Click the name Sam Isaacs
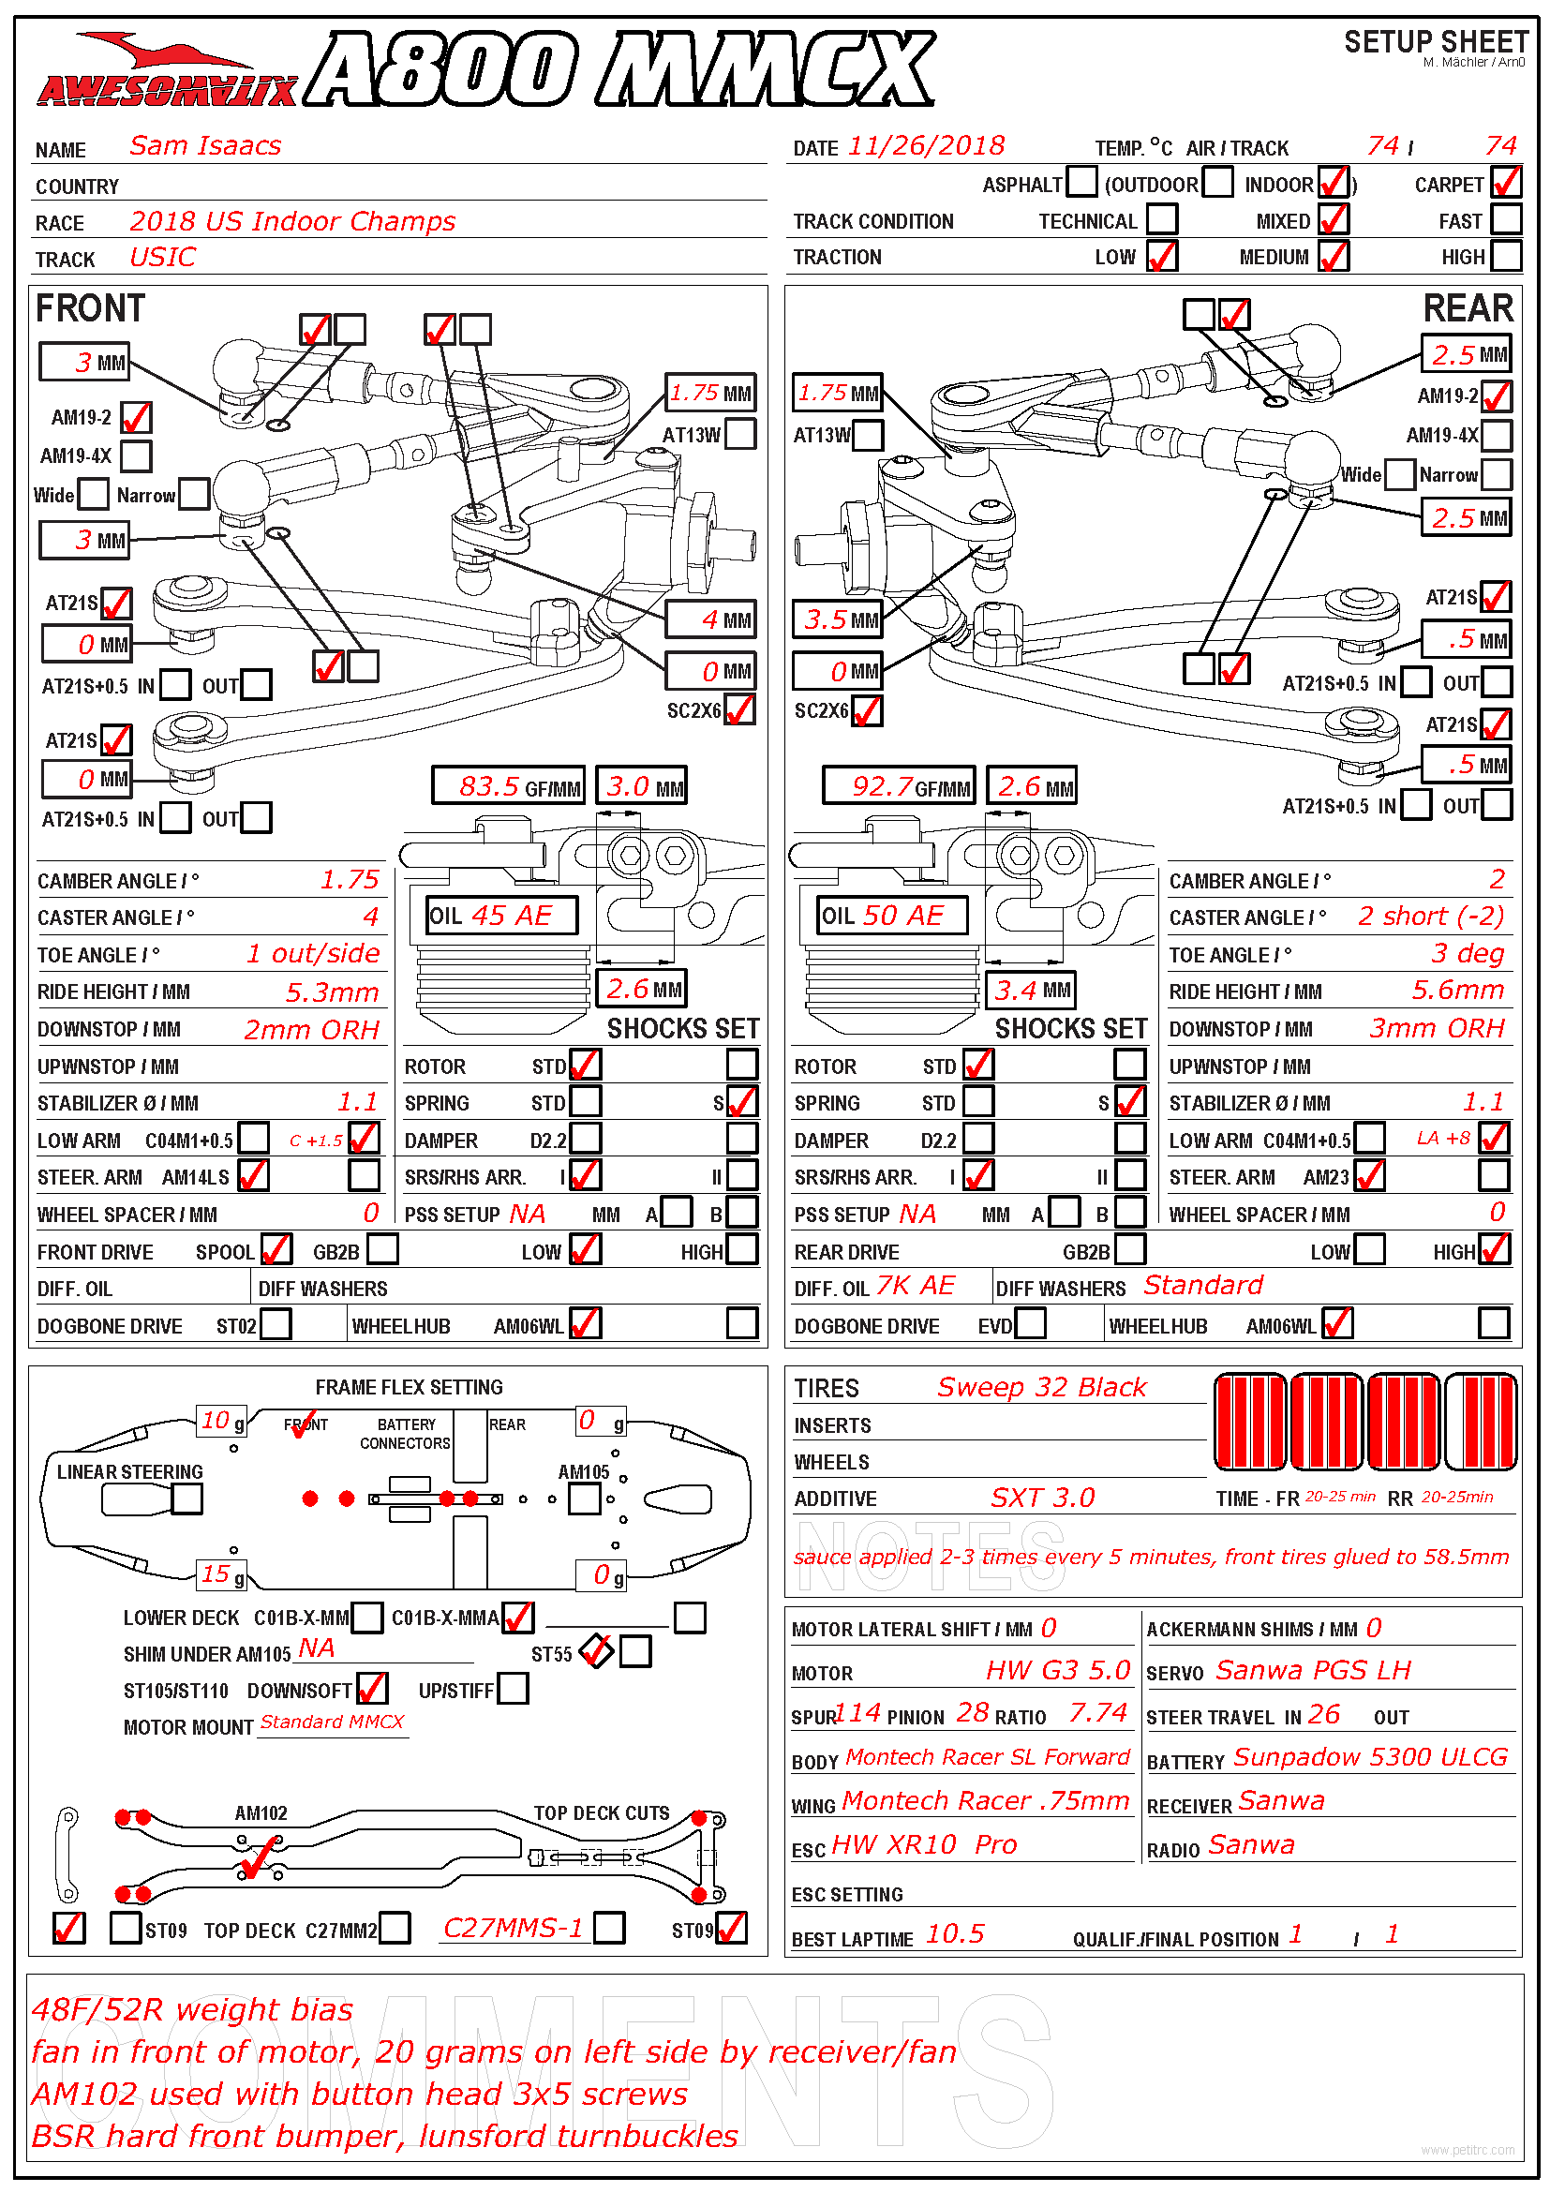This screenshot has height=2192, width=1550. point(205,145)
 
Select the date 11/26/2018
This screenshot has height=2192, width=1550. point(926,145)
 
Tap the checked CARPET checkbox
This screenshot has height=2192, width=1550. point(1506,182)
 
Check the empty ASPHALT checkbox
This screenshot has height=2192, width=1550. point(1081,182)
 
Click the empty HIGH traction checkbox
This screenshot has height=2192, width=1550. point(1506,256)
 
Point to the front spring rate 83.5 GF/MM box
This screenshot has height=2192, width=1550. point(508,785)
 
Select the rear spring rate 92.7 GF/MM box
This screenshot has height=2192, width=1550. point(899,785)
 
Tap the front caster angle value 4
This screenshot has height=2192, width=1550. point(370,917)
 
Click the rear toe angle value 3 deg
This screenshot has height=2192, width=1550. point(1468,953)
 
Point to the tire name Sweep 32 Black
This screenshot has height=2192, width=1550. point(1041,1386)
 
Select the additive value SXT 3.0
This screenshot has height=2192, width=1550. point(1042,1497)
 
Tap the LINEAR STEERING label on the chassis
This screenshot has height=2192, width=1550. point(130,1471)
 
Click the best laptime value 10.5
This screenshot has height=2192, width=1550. point(954,1933)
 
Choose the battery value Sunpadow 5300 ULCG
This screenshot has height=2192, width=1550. point(1371,1756)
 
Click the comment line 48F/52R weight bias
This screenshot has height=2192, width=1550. point(192,2009)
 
